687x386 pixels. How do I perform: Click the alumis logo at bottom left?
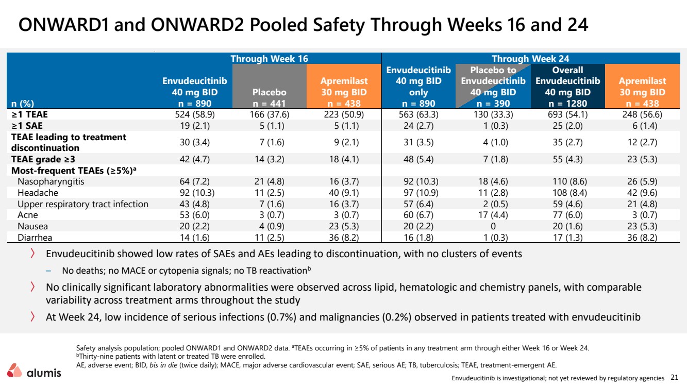point(34,371)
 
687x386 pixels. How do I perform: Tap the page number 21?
point(675,377)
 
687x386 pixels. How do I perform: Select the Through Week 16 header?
point(269,59)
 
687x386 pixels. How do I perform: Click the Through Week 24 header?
point(530,59)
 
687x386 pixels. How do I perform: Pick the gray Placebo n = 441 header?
point(269,98)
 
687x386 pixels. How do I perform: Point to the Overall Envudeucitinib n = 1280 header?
point(568,87)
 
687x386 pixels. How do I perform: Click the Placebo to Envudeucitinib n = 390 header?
point(493,87)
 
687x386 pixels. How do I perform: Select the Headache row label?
point(38,193)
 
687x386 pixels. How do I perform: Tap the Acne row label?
point(28,215)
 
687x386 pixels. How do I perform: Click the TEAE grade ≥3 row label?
point(43,159)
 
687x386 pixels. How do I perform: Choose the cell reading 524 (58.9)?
point(195,114)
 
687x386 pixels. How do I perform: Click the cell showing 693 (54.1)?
point(568,114)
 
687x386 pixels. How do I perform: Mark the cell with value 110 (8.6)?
point(567,181)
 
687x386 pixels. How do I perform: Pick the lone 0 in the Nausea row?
point(493,226)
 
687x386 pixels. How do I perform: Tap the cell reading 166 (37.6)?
point(269,114)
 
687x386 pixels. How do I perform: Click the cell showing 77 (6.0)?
point(567,215)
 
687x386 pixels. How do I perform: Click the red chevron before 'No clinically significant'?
point(32,287)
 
